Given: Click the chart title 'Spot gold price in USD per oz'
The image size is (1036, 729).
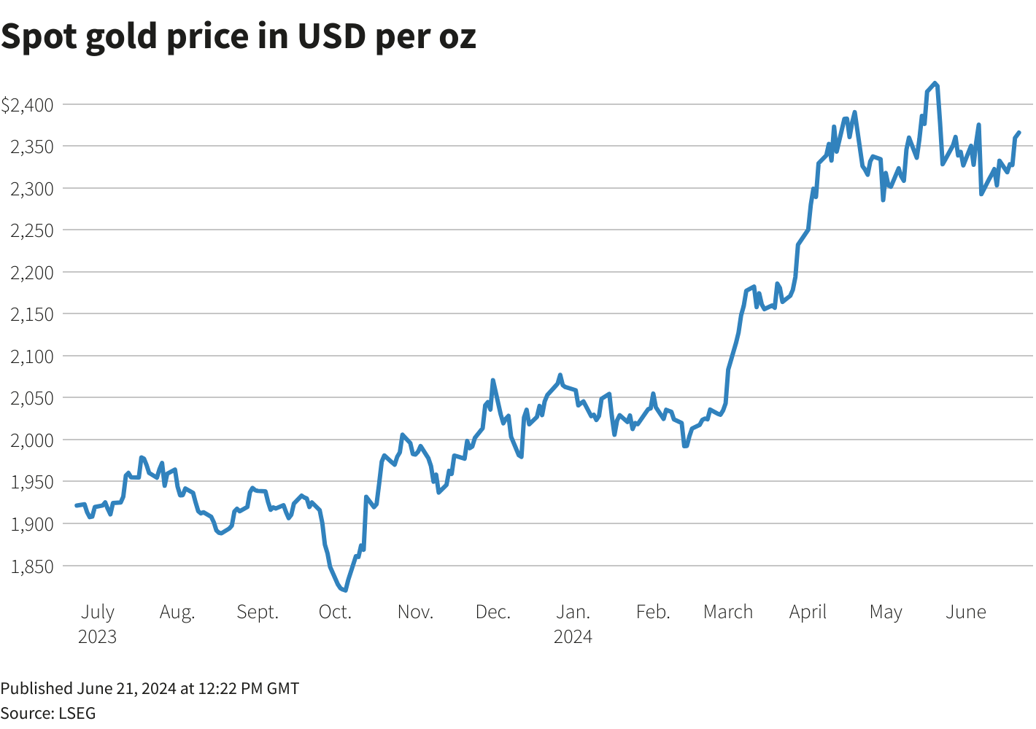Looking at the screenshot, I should pos(239,36).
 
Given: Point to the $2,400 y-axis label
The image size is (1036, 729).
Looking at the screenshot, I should pos(28,105).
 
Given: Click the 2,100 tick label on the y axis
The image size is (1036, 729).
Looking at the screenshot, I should pos(32,356).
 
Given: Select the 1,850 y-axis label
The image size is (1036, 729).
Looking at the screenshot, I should pos(32,566).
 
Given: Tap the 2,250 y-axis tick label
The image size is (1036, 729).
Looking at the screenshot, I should pos(32,230).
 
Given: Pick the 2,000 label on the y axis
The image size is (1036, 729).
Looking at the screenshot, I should pos(32,440).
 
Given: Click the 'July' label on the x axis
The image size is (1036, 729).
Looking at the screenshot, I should pos(97,612).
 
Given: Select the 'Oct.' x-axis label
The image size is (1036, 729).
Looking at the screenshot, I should pos(335,612).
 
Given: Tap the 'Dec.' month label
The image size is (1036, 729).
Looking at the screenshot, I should pos(492,612).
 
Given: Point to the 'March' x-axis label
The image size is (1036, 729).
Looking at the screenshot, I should pos(727,612).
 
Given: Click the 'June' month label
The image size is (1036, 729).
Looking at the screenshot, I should pos(965,612).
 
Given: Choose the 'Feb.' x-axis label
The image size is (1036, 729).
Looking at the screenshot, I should pos(652,612).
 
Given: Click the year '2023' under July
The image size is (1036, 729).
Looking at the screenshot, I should pos(97,636).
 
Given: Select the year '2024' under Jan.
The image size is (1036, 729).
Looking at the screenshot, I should pos(573,636).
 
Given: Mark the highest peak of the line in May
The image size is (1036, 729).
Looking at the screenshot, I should pos(935,83).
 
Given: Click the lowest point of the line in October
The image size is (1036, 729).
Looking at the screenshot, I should pos(344,590).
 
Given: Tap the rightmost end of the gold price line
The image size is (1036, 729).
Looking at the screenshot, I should pos(1018,133).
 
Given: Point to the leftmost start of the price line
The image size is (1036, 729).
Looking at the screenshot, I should pos(77,505).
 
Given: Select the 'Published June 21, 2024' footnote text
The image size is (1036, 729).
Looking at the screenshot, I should pos(150,688).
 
